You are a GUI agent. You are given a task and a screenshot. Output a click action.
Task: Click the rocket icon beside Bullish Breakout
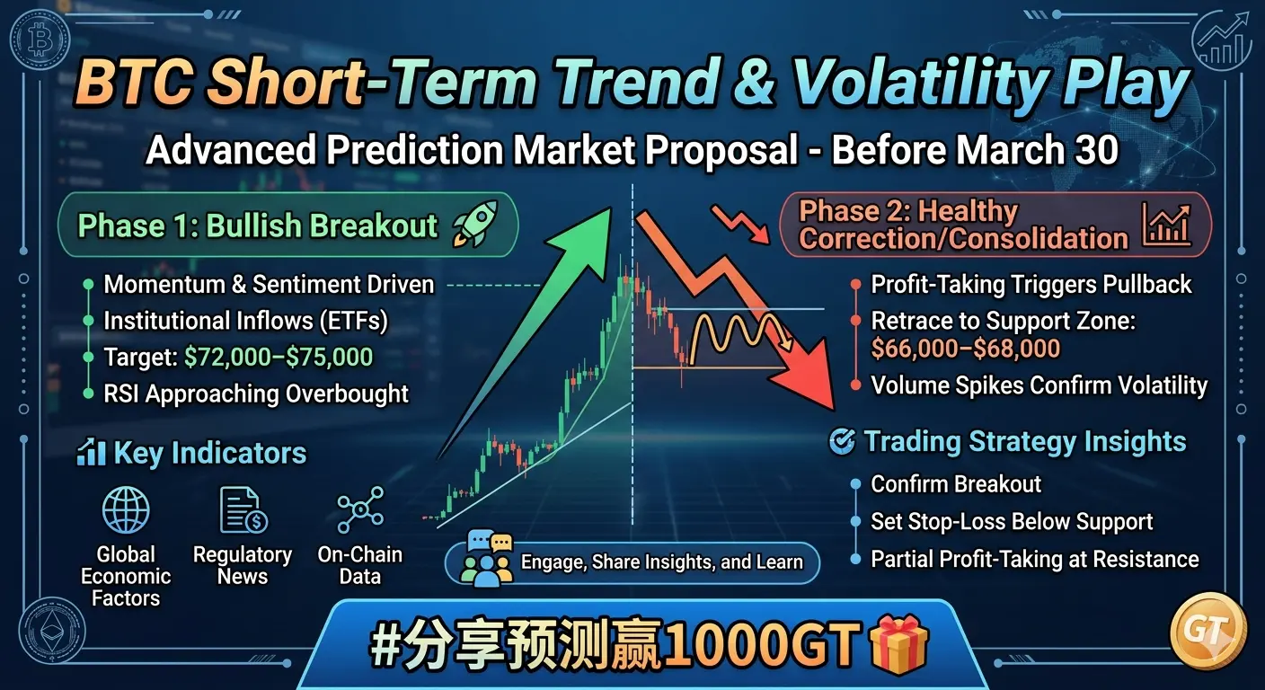click(475, 224)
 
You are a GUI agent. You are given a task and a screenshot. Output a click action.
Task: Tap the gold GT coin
click(1208, 630)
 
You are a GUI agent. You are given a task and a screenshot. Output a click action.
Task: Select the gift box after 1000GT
click(899, 645)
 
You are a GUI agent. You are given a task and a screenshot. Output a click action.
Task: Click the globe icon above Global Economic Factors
click(126, 510)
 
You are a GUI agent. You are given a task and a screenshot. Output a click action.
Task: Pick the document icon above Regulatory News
click(243, 511)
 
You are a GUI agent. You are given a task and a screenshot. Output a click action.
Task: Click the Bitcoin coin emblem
click(40, 40)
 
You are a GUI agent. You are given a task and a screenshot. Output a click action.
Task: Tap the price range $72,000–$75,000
click(279, 357)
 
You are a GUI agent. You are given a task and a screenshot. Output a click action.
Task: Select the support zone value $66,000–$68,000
click(965, 349)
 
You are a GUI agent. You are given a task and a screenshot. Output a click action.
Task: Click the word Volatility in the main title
click(920, 84)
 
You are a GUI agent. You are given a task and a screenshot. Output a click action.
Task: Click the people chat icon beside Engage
click(487, 559)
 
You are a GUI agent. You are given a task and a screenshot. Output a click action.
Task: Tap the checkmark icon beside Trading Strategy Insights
click(842, 441)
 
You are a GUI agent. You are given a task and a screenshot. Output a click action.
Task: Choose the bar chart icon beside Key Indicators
click(91, 452)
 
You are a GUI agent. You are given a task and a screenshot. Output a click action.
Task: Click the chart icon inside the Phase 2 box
click(1166, 226)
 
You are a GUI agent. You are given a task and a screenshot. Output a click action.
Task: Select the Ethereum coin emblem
click(51, 630)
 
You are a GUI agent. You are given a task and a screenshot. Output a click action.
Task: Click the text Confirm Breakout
click(956, 484)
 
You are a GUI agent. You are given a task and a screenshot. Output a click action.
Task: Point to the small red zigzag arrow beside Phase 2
click(740, 225)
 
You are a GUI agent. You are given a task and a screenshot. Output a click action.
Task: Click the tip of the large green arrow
click(612, 208)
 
